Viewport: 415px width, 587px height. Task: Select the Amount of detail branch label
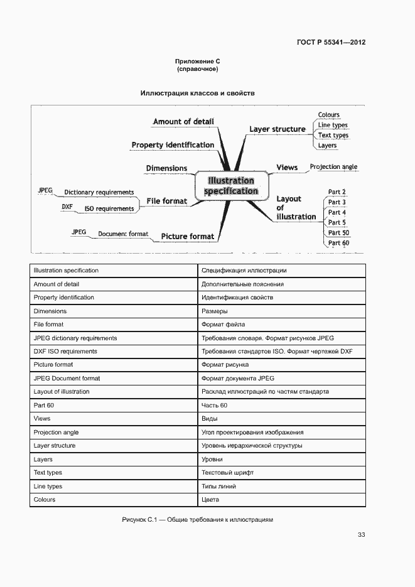coord(183,121)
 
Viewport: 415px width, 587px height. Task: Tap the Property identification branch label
coord(173,145)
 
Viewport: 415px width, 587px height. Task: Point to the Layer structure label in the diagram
coord(277,129)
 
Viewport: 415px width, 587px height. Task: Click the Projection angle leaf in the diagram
coord(333,167)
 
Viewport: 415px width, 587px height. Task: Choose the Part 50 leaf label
coord(338,232)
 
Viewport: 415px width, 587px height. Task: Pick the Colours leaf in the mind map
coord(329,115)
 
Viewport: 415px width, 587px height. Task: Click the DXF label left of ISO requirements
coord(67,206)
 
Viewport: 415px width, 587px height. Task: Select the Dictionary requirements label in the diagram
coord(99,192)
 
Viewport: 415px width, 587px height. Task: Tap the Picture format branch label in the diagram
coord(187,237)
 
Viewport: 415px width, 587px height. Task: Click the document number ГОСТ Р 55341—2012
coord(331,43)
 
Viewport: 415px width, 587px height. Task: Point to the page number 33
coord(361,535)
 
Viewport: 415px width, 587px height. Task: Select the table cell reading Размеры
coord(214,311)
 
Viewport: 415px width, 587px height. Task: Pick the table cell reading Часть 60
coord(214,406)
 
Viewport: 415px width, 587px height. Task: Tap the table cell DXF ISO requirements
coord(65,352)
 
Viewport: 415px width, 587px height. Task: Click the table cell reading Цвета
coord(210,500)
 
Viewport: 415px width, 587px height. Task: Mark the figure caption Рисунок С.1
coord(198,520)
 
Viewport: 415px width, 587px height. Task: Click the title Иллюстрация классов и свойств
coord(197,93)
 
